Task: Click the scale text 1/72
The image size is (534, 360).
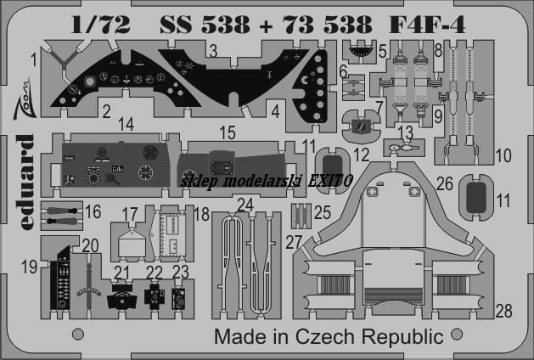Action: click(x=101, y=25)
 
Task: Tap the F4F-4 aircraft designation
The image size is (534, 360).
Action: click(x=427, y=25)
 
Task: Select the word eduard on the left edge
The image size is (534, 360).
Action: click(x=25, y=182)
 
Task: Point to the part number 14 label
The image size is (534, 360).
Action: click(x=126, y=124)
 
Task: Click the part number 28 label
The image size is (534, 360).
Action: click(x=504, y=311)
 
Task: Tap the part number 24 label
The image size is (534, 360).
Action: click(x=245, y=205)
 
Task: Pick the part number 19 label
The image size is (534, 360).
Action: click(x=29, y=267)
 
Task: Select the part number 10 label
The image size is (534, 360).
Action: click(x=503, y=155)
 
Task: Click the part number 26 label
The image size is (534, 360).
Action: click(x=445, y=184)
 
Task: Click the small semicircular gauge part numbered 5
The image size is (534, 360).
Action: click(x=360, y=51)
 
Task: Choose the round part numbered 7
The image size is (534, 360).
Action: click(x=361, y=126)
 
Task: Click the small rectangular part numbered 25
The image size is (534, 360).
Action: click(x=301, y=216)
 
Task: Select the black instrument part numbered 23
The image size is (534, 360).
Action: click(x=178, y=299)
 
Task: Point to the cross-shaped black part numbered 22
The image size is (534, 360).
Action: click(x=155, y=295)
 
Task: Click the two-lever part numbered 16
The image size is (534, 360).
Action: click(x=62, y=216)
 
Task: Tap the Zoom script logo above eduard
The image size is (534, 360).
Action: click(x=25, y=100)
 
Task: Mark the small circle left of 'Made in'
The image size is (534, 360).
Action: click(x=78, y=335)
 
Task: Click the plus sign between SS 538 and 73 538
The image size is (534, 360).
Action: click(x=267, y=25)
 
